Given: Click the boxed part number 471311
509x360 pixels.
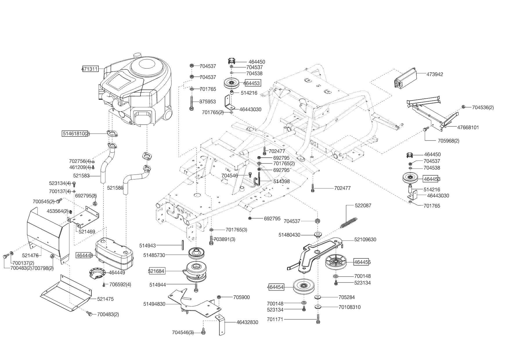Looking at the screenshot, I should tap(90, 69).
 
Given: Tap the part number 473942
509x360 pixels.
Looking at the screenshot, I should tap(435, 74).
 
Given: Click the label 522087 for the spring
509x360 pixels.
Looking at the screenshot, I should tap(363, 206).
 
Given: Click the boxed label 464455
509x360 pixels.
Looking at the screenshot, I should tap(362, 262).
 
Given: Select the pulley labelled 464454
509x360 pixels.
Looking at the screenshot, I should tap(304, 287).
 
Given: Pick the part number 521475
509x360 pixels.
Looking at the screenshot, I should tap(105, 299).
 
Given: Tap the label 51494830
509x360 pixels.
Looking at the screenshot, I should tap(154, 304).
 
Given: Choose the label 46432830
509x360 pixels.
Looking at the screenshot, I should tap(247, 323).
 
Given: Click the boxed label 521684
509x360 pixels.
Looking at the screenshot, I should tap(156, 271).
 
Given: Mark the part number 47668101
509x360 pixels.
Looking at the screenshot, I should tap(468, 127).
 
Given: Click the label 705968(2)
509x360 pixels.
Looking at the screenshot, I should tap(448, 141).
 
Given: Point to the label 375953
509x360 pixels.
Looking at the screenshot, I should tap(208, 102).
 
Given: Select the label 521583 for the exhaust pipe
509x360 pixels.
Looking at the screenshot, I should tap(81, 176).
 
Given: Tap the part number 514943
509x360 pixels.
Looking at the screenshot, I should tap(147, 246).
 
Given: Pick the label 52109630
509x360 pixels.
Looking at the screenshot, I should tap(365, 240).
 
